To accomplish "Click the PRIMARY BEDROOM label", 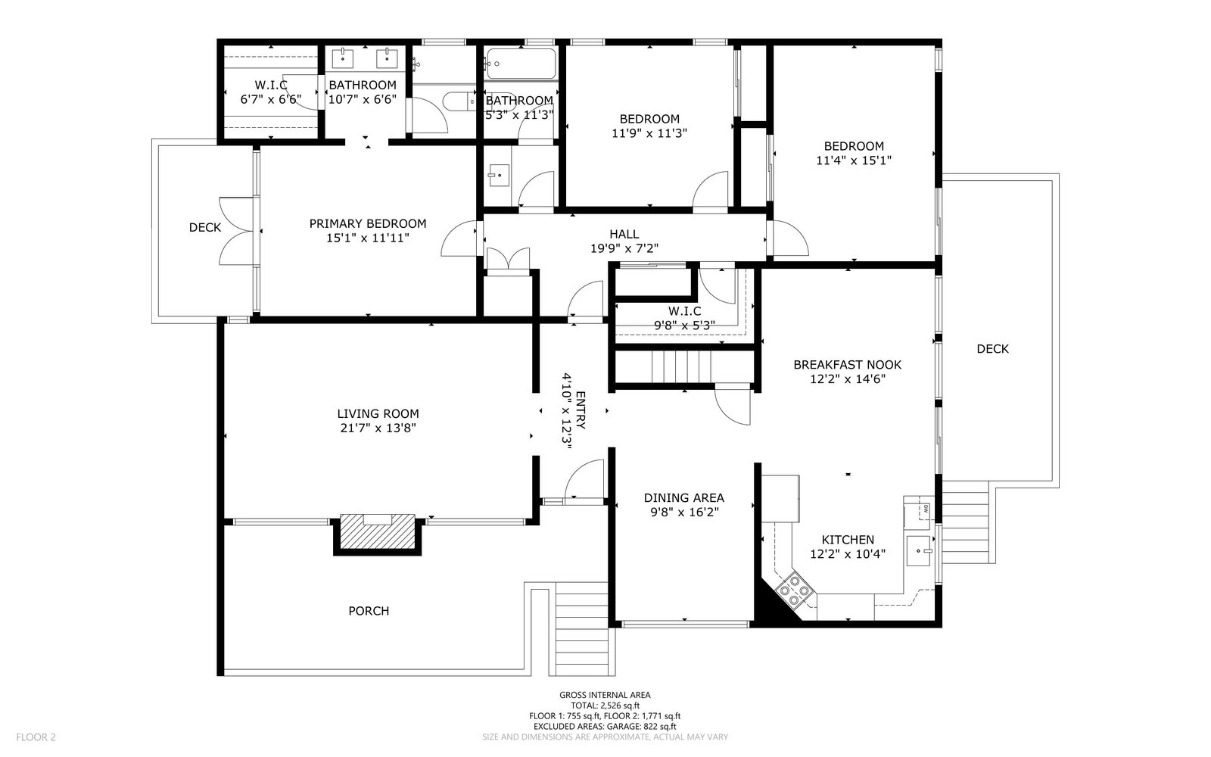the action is [368, 223].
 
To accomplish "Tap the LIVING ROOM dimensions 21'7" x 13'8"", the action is [378, 428].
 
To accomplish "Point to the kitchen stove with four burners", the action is [794, 590].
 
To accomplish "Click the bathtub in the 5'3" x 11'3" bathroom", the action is [521, 64].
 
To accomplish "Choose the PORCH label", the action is [369, 611].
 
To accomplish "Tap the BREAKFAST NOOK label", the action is [847, 365].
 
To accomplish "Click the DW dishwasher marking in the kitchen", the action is [926, 508].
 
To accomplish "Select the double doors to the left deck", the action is [236, 231].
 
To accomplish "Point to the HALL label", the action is [624, 234].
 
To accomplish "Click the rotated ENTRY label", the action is [581, 410].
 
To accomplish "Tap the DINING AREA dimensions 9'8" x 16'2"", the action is [684, 512].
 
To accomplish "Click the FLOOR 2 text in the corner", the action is [36, 737].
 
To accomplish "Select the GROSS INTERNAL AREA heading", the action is [605, 695].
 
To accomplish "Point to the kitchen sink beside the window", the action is [919, 550].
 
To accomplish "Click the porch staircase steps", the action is [582, 629].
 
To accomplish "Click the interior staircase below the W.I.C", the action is [685, 366].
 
